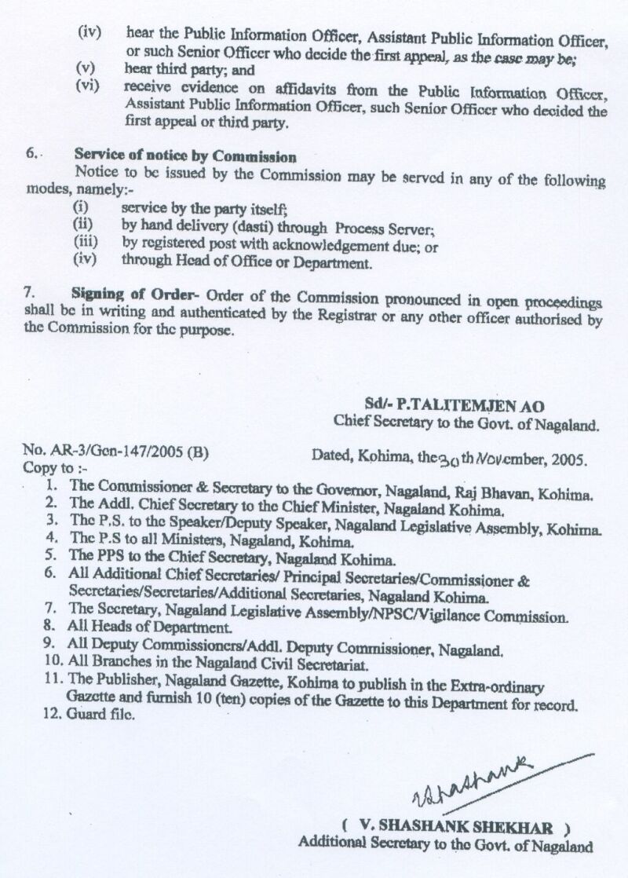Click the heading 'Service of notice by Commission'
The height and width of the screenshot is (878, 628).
click(185, 156)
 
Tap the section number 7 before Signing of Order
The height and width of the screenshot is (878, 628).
click(29, 293)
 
